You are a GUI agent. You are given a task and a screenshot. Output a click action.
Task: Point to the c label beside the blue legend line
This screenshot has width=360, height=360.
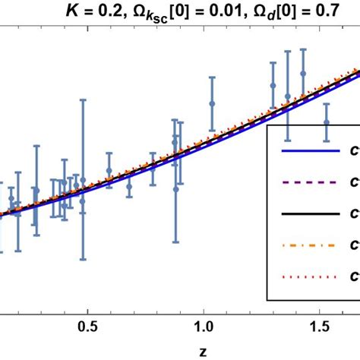coord(355,153)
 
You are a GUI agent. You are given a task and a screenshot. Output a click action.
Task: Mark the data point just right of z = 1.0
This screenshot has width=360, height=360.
coord(212,103)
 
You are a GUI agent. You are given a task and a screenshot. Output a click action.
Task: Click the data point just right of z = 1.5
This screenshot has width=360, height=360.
coord(327,122)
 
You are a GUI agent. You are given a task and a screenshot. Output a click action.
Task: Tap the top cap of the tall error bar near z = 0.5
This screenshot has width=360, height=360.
coord(84,99)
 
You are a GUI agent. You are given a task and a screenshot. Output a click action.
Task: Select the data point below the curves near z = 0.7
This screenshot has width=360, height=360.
coord(129,186)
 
